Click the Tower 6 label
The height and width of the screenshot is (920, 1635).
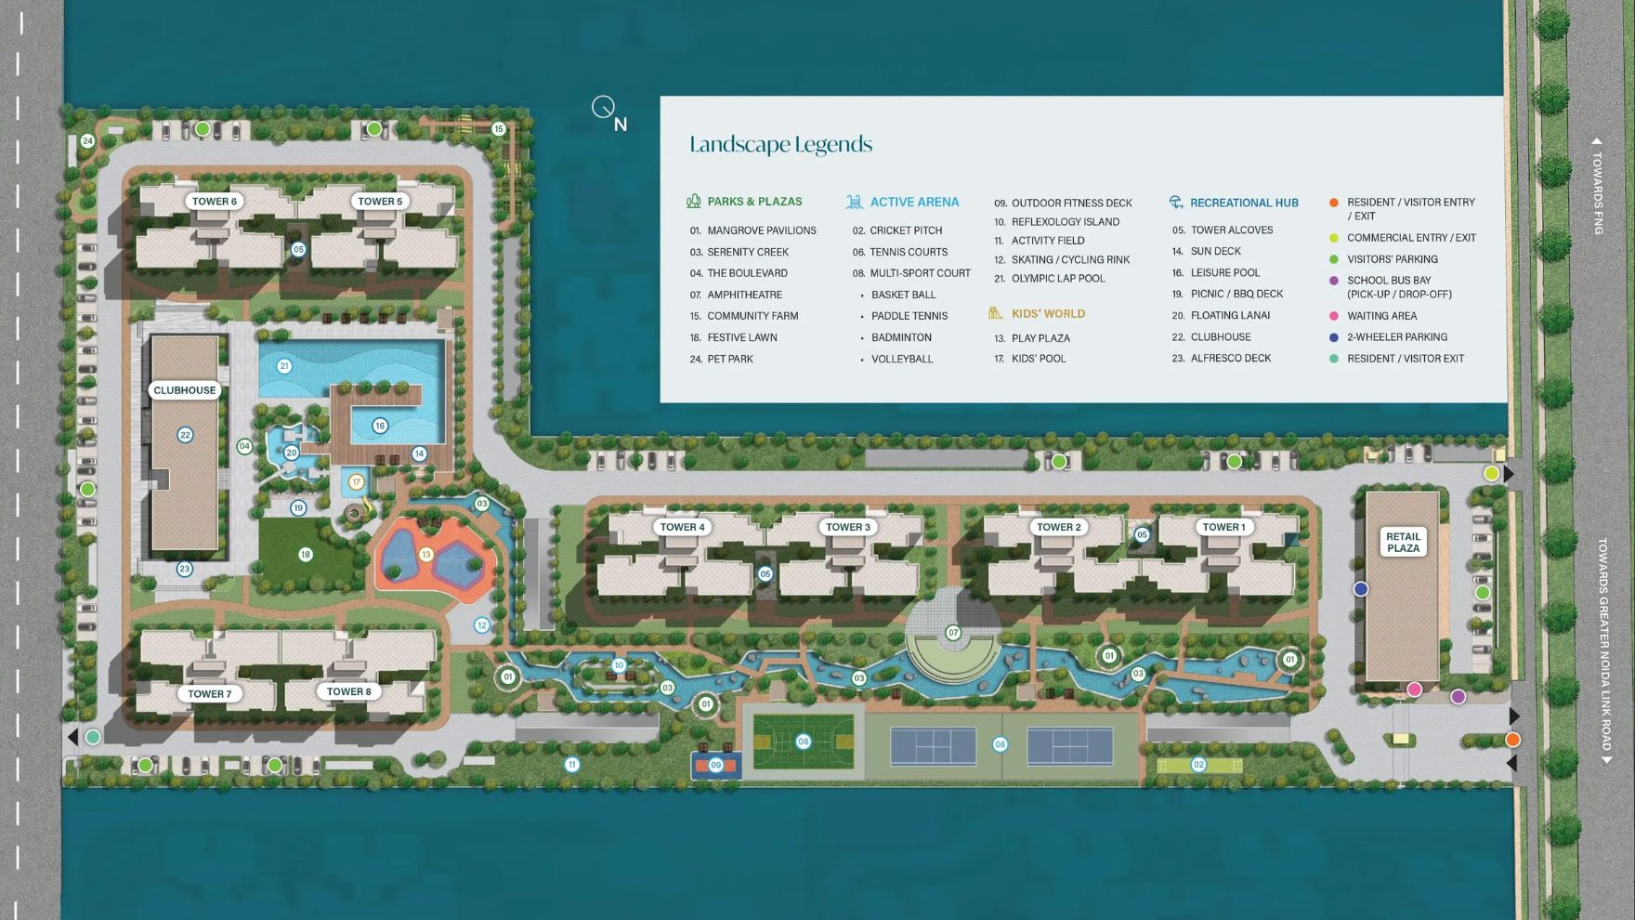tap(214, 201)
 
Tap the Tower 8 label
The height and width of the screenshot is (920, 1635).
tap(348, 691)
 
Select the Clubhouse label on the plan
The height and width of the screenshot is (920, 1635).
tap(185, 390)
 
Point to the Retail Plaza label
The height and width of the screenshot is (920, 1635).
tap(1403, 542)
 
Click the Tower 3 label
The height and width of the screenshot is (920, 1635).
tap(848, 527)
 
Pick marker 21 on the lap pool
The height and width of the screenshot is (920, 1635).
tap(284, 366)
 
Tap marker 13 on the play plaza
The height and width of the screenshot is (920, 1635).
tap(426, 555)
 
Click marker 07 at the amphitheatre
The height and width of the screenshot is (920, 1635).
tap(953, 633)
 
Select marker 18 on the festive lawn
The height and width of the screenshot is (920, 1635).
tap(306, 555)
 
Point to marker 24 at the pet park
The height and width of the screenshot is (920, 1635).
tap(87, 141)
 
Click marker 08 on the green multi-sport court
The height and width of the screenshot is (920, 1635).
tap(804, 742)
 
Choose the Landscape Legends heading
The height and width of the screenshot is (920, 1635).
tap(780, 144)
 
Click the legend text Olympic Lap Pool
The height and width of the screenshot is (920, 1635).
tap(1058, 279)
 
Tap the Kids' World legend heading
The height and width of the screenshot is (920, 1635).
tap(1048, 314)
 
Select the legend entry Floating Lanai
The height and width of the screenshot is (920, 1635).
tap(1230, 316)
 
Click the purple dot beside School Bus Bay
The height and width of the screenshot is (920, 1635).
tap(1334, 281)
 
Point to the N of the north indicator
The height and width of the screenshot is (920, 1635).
tap(621, 125)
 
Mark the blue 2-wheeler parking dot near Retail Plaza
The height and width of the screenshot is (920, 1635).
tap(1361, 589)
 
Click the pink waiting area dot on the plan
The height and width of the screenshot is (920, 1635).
tap(1414, 690)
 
